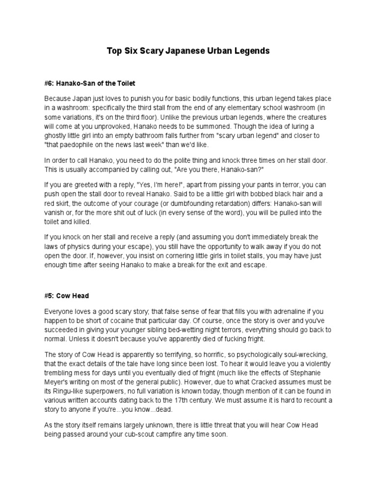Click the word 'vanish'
pyautogui.click(x=55, y=213)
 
